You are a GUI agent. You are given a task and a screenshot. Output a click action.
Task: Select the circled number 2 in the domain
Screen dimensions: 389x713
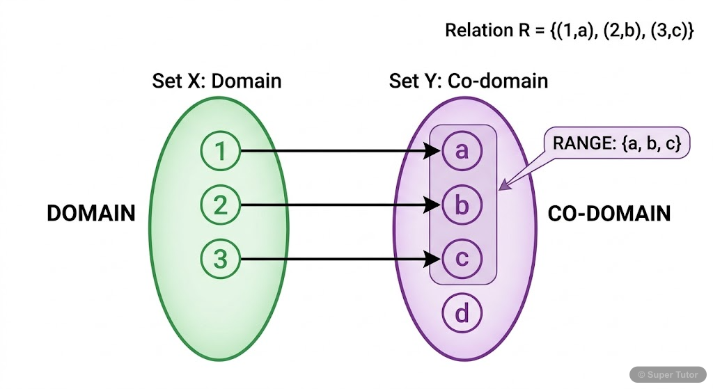click(220, 205)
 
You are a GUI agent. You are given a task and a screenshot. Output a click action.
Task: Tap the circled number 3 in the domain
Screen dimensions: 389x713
click(220, 260)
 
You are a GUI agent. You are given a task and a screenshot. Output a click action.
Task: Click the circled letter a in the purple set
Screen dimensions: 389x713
click(462, 151)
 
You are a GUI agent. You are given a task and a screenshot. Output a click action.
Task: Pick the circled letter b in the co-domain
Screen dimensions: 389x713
click(462, 205)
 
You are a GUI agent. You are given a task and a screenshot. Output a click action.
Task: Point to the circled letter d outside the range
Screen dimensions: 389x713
click(462, 314)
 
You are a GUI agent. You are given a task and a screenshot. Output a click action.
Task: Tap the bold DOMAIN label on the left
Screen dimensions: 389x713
click(91, 213)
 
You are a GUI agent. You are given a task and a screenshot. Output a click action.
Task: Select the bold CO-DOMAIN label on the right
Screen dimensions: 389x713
click(609, 213)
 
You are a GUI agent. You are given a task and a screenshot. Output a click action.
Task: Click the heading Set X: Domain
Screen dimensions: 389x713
click(217, 81)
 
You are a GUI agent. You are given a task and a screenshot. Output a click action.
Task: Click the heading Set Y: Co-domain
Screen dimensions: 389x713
click(469, 81)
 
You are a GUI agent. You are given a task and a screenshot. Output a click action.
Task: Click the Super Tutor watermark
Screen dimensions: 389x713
click(668, 374)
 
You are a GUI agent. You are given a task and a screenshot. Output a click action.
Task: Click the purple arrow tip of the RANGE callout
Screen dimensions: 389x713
click(502, 187)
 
